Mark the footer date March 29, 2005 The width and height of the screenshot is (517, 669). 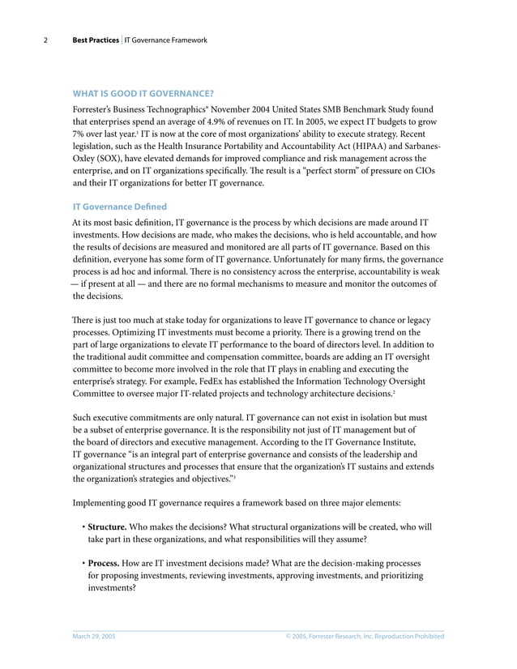tap(94, 637)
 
